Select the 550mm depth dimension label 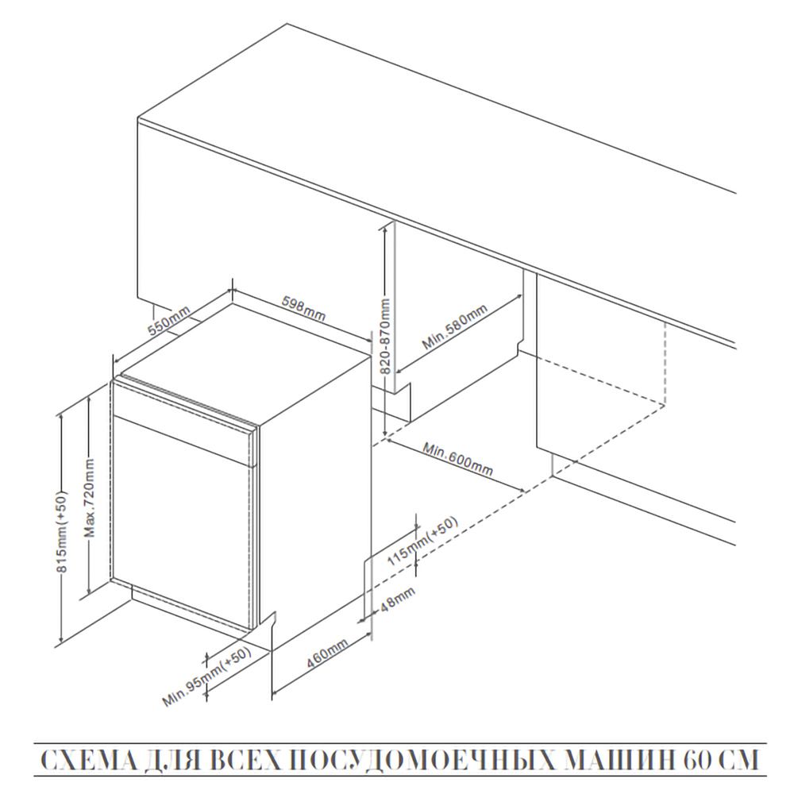click(169, 321)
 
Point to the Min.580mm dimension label click(455, 327)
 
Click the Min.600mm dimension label click(457, 459)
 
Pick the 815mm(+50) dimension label click(61, 532)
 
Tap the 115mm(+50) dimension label click(422, 541)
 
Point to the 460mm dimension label click(328, 653)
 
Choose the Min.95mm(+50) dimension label click(207, 676)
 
